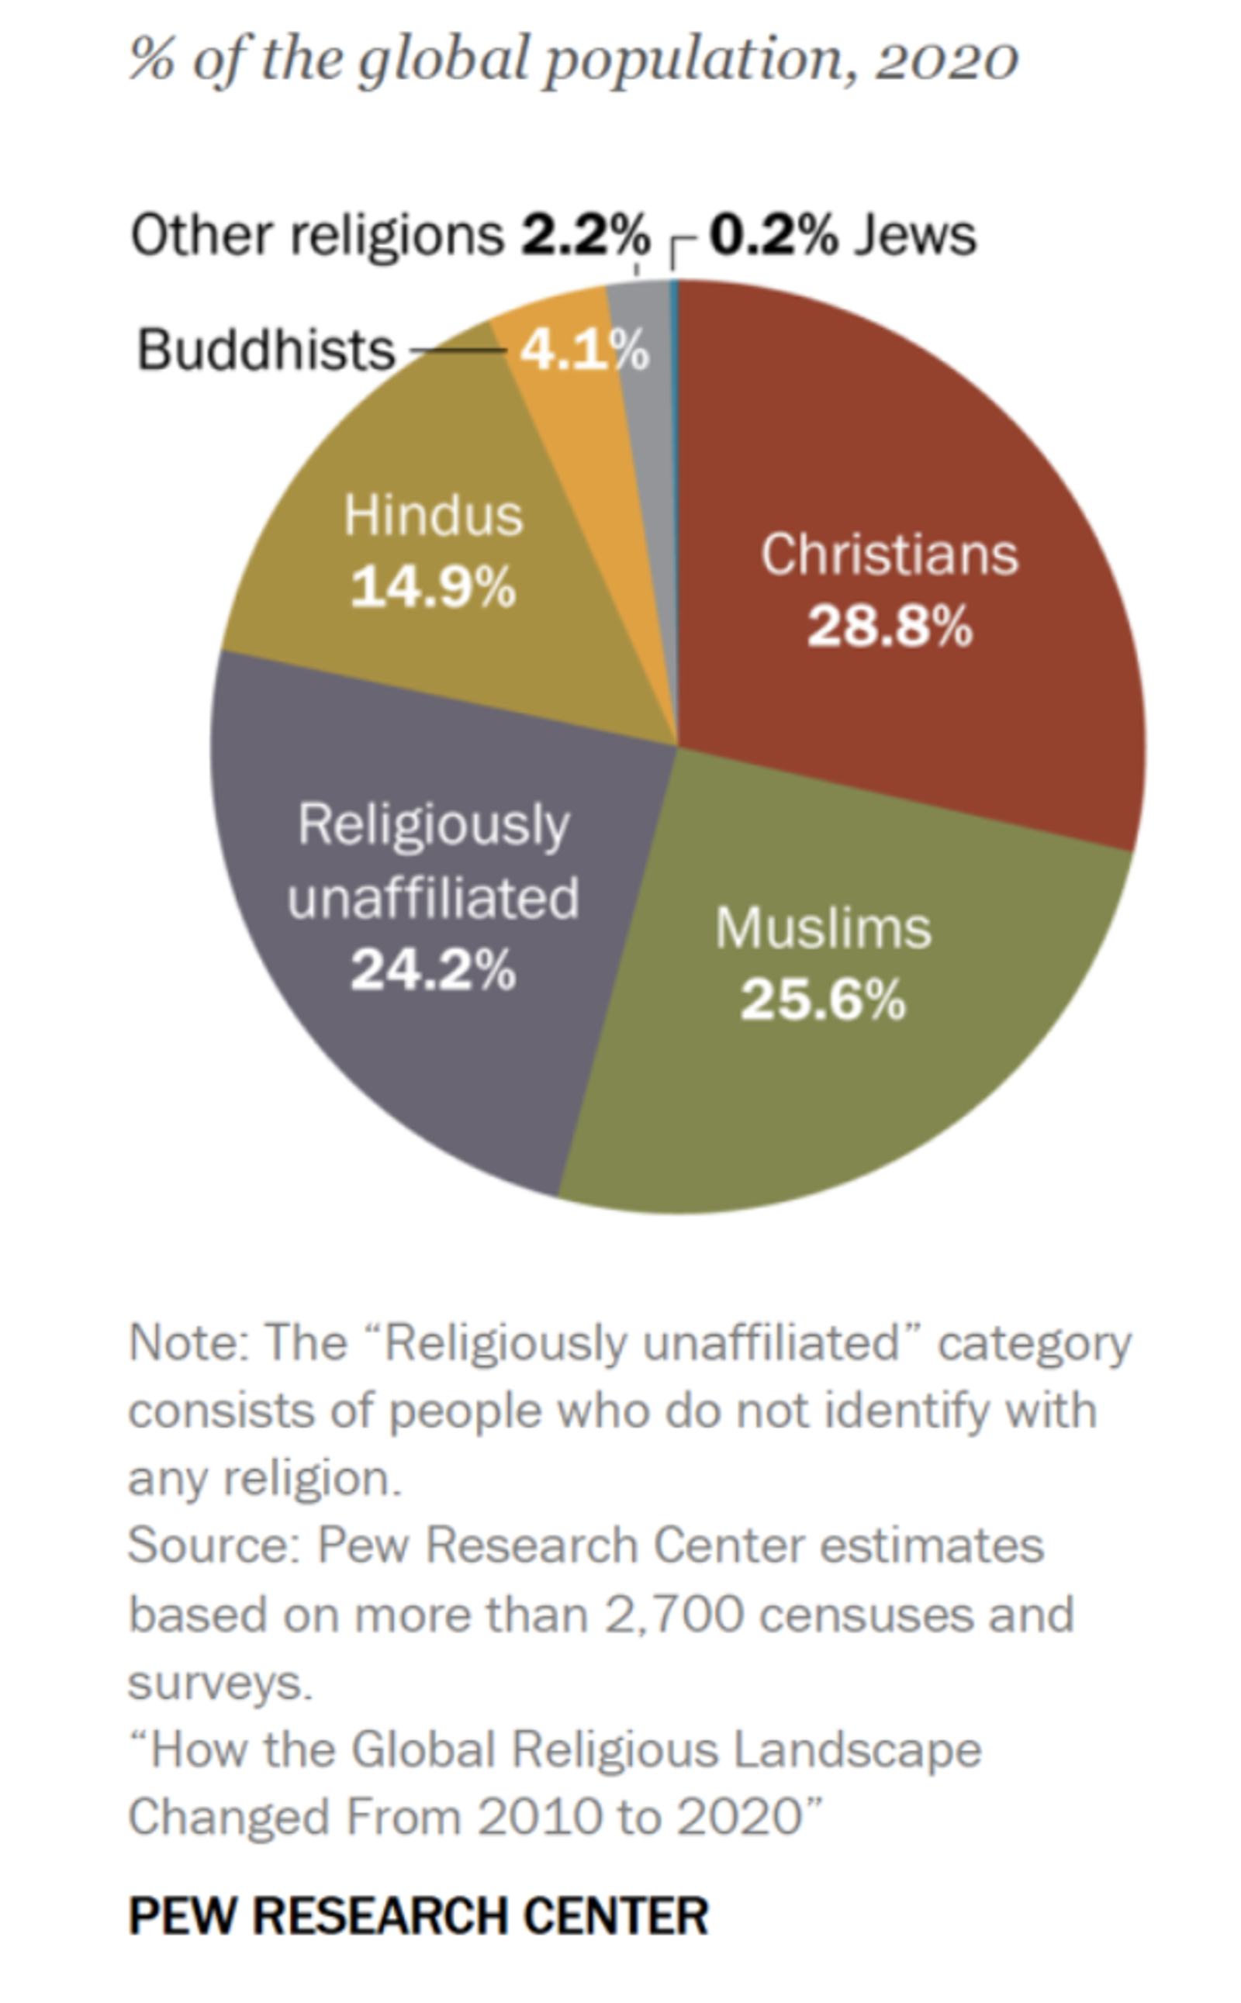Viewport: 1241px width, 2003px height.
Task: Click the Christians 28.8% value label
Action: click(x=890, y=627)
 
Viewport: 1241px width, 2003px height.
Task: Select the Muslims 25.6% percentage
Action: click(x=822, y=1000)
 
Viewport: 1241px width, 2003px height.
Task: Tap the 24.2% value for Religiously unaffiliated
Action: click(x=433, y=970)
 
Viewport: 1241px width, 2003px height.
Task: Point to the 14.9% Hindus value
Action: click(x=433, y=588)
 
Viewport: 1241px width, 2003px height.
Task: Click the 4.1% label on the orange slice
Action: click(x=584, y=351)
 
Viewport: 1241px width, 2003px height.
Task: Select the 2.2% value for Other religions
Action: click(x=585, y=235)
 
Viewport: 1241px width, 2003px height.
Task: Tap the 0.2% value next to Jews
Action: click(x=773, y=235)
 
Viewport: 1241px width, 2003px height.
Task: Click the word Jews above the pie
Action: click(x=915, y=235)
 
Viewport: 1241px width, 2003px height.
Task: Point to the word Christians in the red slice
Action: click(x=890, y=554)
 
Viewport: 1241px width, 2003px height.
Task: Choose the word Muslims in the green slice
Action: click(x=823, y=928)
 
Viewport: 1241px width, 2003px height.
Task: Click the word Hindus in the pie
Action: click(x=434, y=516)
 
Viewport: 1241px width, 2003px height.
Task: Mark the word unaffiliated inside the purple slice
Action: click(x=434, y=898)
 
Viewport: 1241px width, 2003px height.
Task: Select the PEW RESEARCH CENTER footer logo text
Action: click(x=419, y=1917)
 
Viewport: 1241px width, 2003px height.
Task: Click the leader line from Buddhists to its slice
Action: click(x=458, y=351)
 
